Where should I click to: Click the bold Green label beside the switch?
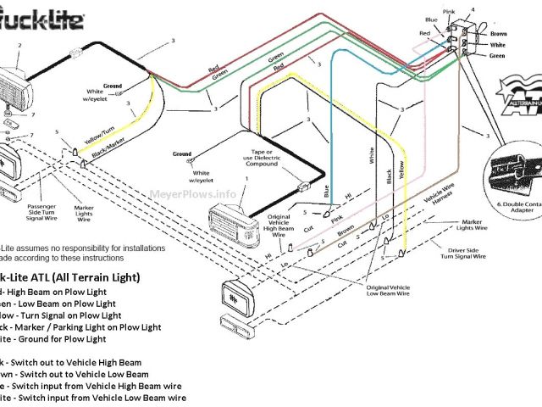coord(498,57)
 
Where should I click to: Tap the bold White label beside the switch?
coord(498,46)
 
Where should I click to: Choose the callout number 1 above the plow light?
coord(246,179)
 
